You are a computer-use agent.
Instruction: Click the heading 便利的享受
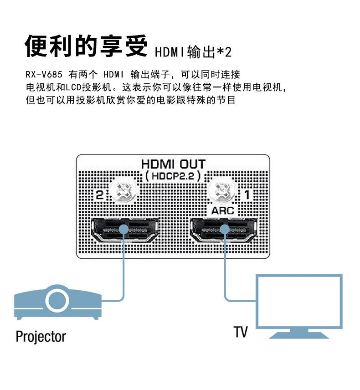(87, 46)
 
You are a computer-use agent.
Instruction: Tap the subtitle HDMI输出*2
(193, 52)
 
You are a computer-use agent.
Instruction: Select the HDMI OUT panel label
(173, 164)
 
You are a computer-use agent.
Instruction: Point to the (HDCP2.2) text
(173, 176)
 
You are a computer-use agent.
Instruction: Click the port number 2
(100, 195)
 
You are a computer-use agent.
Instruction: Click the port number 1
(247, 195)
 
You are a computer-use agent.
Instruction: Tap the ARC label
(223, 210)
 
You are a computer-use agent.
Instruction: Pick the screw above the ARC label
(223, 190)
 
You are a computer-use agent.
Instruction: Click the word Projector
(41, 337)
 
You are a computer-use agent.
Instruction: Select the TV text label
(241, 332)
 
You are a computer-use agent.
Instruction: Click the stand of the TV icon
(298, 334)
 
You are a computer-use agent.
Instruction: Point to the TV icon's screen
(298, 301)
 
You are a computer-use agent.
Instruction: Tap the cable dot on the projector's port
(123, 230)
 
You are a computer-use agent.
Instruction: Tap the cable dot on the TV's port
(224, 230)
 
